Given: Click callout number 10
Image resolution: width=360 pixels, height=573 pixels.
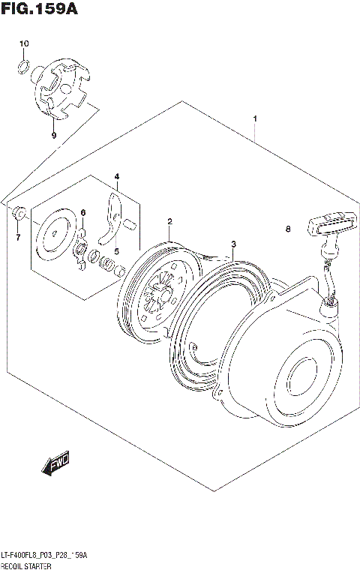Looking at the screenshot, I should pyautogui.click(x=23, y=44).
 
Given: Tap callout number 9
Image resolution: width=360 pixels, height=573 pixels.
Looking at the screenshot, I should pyautogui.click(x=53, y=136).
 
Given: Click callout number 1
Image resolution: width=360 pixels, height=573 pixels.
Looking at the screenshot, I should pyautogui.click(x=255, y=118).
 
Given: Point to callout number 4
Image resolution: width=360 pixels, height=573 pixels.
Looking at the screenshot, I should pyautogui.click(x=116, y=177).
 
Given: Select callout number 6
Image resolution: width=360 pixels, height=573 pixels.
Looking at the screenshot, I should pyautogui.click(x=83, y=213).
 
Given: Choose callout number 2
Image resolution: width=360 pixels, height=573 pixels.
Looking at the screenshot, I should pyautogui.click(x=170, y=221).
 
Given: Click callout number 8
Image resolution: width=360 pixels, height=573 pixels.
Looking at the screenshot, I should pyautogui.click(x=286, y=229).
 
